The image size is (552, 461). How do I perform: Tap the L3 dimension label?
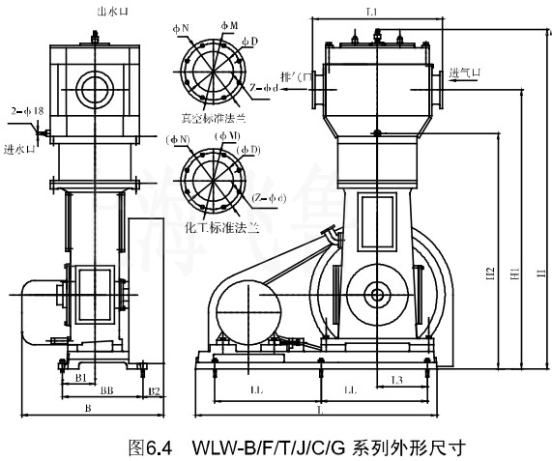pos(396,379)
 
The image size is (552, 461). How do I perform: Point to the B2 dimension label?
pos(153,390)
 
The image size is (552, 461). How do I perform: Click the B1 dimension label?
pos(83,377)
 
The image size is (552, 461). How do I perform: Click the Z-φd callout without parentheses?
pos(264,88)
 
